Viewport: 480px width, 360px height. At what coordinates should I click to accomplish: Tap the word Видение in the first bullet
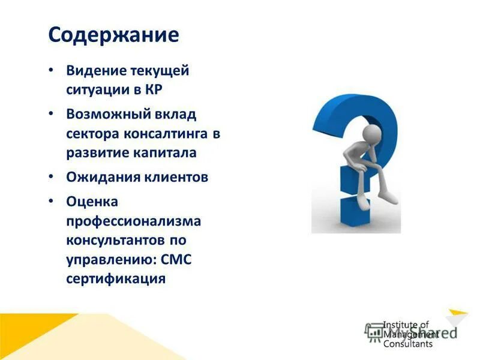95,71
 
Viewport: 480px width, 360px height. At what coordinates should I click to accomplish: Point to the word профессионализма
133,221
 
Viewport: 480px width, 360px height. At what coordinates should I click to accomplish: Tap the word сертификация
116,279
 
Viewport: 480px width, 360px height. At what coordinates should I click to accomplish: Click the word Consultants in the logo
408,344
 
